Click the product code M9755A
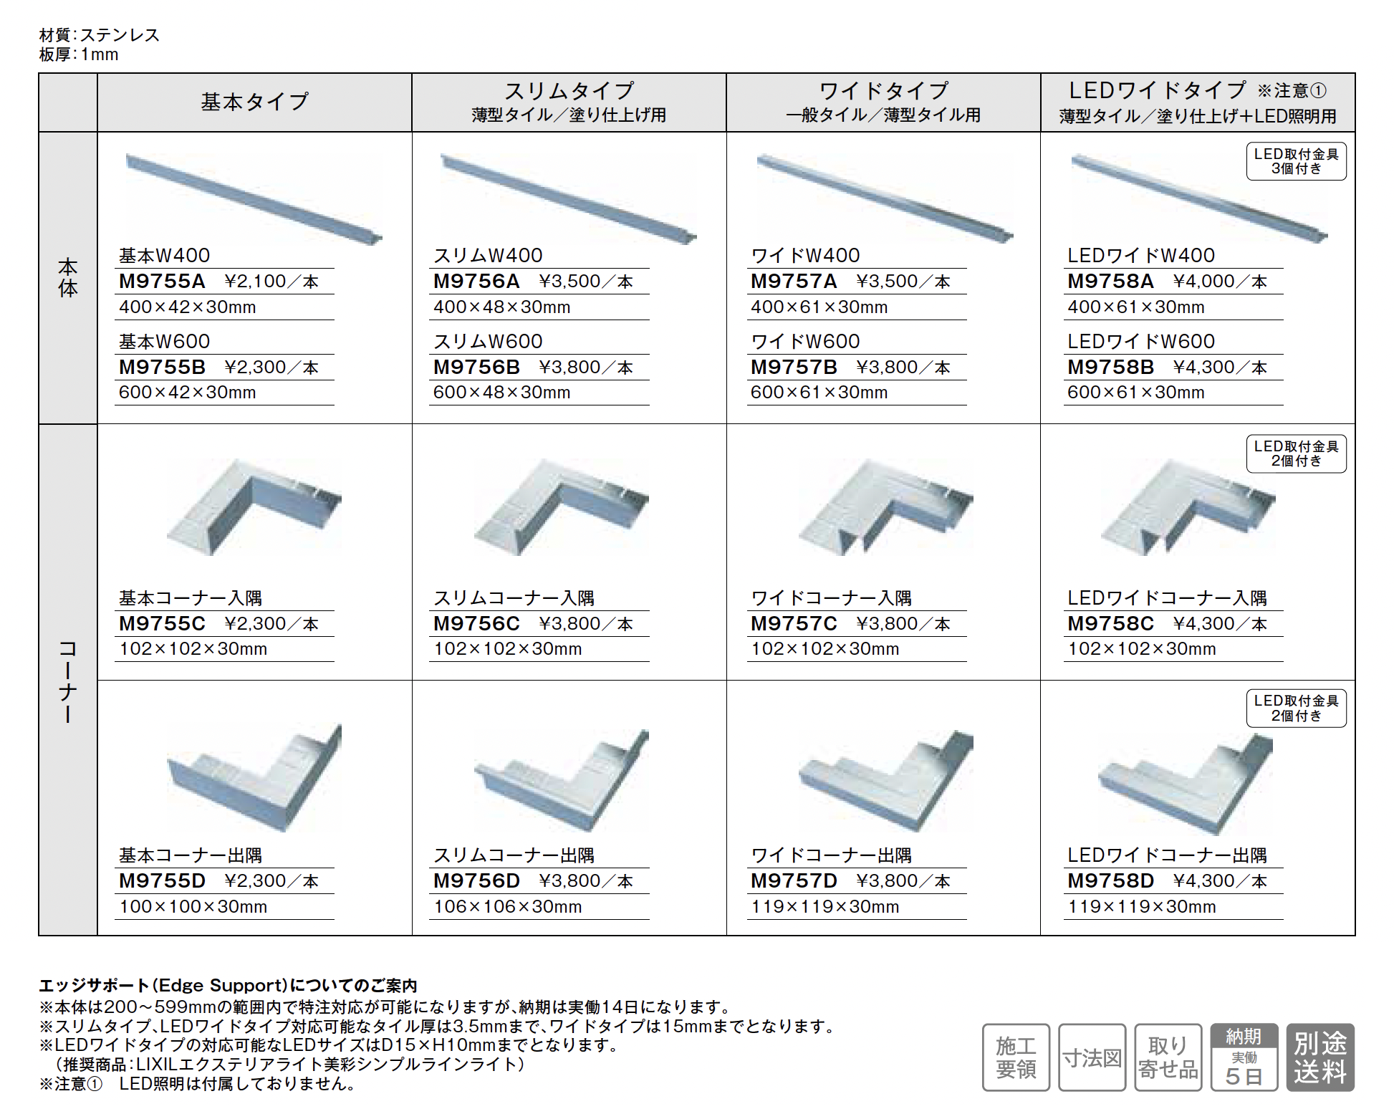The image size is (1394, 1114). (x=162, y=281)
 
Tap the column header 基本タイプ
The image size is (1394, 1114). (x=254, y=102)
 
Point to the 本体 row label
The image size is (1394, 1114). (x=68, y=278)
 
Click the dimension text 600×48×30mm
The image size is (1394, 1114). (x=501, y=393)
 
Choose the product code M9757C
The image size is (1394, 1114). (x=794, y=623)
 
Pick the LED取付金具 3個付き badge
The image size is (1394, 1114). (x=1296, y=161)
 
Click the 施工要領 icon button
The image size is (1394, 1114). (x=1016, y=1057)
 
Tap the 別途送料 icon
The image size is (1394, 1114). (x=1320, y=1057)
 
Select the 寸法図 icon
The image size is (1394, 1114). (x=1092, y=1057)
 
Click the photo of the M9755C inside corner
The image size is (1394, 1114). (x=254, y=506)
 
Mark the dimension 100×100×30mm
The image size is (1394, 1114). (x=193, y=906)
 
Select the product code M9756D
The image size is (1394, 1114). (x=476, y=880)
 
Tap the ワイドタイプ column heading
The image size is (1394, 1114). (x=883, y=91)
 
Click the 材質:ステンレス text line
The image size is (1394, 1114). (x=100, y=35)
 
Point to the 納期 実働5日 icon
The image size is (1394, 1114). (x=1244, y=1057)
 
